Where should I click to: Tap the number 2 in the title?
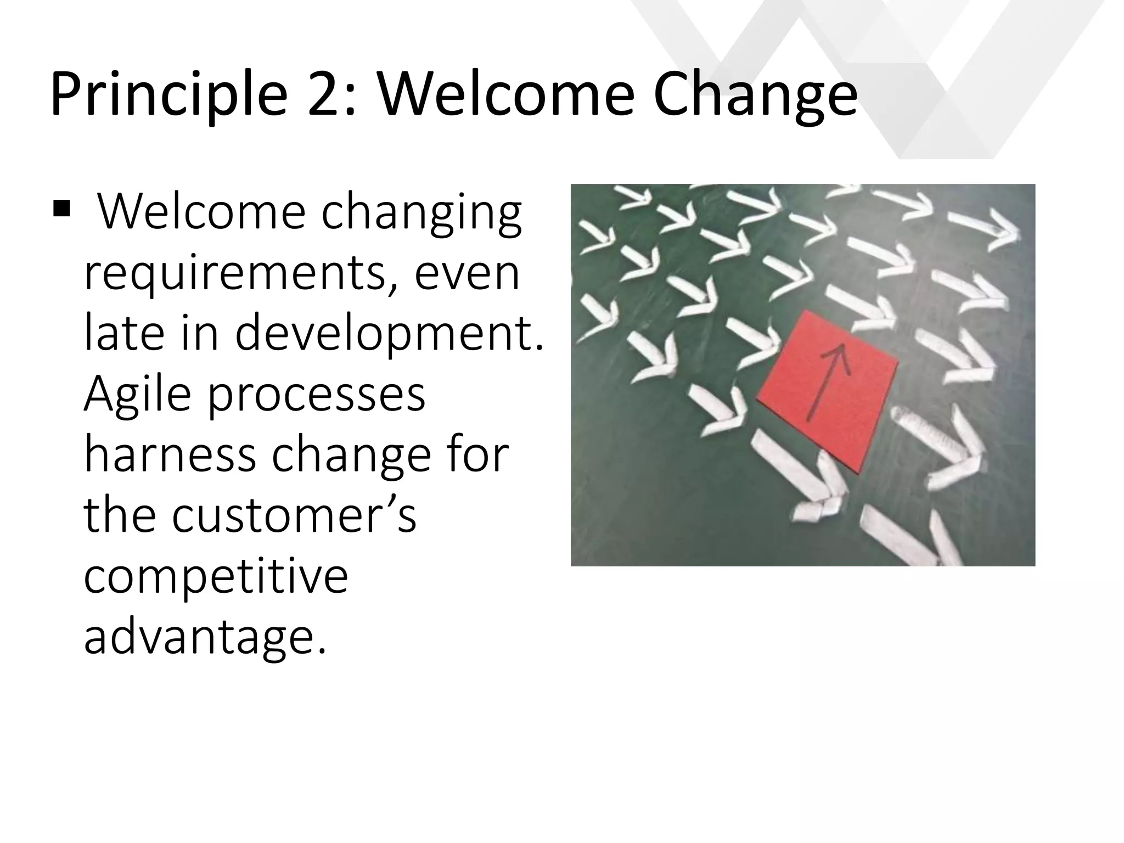pos(326,94)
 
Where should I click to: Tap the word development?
pos(390,335)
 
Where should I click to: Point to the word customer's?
pos(294,516)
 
